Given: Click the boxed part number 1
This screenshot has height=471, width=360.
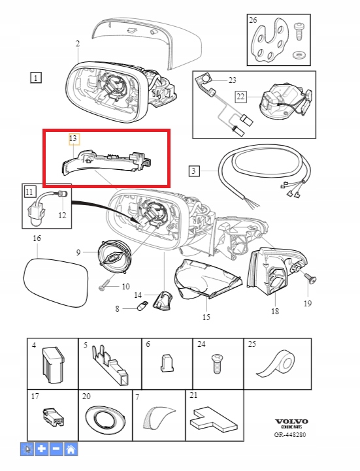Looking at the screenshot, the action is [x=36, y=78].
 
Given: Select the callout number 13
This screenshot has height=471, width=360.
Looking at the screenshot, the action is [x=73, y=138].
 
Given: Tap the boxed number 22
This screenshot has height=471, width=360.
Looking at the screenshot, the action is [x=240, y=97].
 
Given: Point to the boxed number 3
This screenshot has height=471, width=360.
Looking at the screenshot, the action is [x=194, y=171].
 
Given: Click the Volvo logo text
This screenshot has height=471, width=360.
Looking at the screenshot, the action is [x=291, y=421].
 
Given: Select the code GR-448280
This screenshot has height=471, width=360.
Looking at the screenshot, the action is [x=289, y=434].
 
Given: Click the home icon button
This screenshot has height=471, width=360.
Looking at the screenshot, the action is [x=71, y=449].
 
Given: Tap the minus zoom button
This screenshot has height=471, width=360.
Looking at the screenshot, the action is [x=56, y=449].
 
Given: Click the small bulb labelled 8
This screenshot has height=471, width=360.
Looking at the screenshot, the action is [x=141, y=307].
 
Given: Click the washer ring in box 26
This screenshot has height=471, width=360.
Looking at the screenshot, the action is [x=299, y=55].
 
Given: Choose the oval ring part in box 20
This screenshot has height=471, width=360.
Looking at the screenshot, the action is [x=105, y=419].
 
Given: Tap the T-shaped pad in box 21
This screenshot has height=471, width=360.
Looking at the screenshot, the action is [x=214, y=419].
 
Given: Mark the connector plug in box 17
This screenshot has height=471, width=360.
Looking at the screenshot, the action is [x=54, y=417].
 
